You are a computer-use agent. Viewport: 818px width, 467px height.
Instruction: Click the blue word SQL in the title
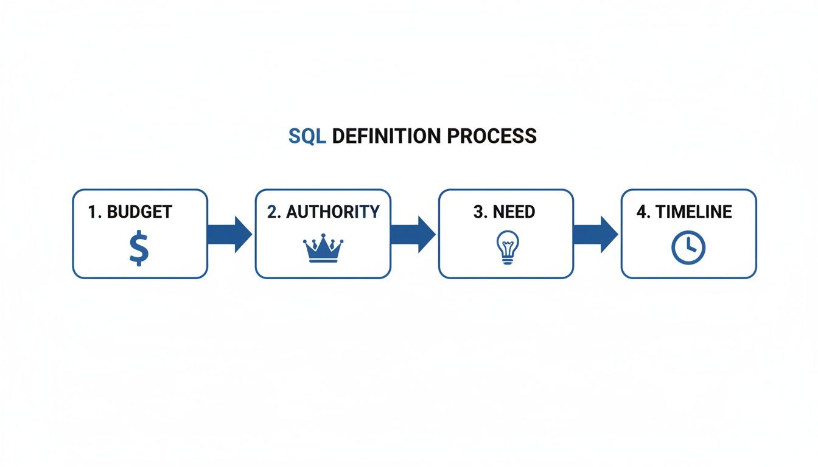(x=307, y=136)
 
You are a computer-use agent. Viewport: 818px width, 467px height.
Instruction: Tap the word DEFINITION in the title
(x=386, y=136)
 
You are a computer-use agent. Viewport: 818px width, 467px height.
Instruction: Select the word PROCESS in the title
(x=492, y=136)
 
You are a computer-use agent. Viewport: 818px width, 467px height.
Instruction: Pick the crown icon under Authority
(x=323, y=249)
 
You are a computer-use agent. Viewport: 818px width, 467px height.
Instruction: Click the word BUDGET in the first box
(x=139, y=212)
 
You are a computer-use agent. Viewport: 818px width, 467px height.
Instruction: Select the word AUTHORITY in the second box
(x=332, y=212)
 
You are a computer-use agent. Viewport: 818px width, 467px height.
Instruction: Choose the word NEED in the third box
(x=514, y=212)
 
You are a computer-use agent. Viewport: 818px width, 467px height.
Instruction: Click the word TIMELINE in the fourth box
(x=694, y=212)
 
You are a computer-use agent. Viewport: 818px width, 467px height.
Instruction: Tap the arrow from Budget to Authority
(x=229, y=234)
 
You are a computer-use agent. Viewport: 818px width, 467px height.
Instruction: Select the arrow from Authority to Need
(x=413, y=234)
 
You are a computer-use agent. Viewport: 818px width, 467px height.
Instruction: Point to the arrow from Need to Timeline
(x=595, y=234)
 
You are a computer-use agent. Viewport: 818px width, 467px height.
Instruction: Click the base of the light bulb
(x=506, y=260)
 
